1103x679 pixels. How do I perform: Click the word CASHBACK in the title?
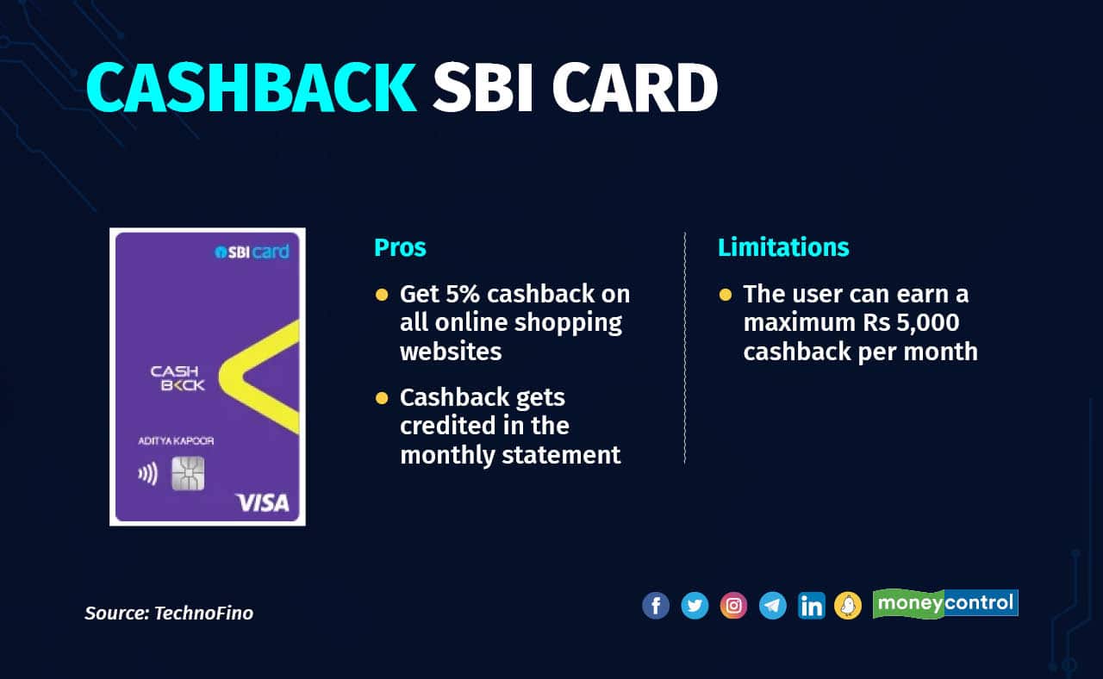[252, 88]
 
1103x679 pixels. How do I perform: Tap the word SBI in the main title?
[482, 88]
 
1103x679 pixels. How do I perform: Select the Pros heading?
[400, 247]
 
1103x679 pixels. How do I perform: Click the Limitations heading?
[783, 247]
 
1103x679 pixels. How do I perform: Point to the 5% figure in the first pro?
[463, 294]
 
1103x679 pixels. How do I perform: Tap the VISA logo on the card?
[263, 502]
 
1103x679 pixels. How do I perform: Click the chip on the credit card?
[188, 474]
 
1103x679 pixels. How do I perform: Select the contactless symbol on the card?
[147, 474]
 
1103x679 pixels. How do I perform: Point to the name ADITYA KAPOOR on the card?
[176, 440]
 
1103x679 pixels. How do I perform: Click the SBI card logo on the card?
[252, 252]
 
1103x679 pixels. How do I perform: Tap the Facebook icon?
[656, 605]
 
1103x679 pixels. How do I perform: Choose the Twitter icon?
[695, 605]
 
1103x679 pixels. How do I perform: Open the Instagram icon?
[733, 605]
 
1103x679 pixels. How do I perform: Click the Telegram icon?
[773, 605]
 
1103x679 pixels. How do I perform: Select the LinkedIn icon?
[812, 605]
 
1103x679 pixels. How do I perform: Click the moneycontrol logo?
[945, 604]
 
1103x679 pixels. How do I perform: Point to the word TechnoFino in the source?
[204, 613]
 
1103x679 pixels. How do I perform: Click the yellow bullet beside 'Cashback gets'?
[382, 398]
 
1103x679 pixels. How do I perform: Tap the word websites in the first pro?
[451, 352]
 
